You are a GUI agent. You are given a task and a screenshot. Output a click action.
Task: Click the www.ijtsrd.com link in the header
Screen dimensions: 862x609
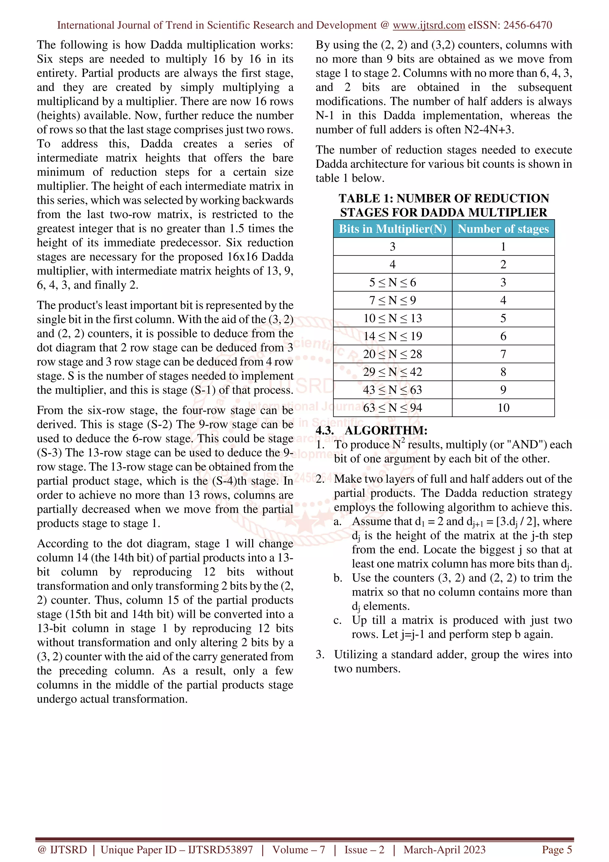click(429, 25)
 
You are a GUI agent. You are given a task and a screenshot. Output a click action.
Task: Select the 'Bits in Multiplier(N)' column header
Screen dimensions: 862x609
click(393, 229)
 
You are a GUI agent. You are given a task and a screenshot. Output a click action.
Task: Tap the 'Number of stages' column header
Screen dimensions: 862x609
click(503, 229)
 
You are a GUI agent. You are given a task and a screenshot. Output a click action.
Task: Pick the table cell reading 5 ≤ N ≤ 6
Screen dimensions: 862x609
click(393, 282)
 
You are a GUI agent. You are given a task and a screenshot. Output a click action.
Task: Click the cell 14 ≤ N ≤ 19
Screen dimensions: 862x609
click(393, 336)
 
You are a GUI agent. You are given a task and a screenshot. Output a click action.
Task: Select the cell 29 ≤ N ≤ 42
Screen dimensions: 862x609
click(393, 372)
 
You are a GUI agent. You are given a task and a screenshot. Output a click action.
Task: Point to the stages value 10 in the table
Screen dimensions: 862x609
click(503, 408)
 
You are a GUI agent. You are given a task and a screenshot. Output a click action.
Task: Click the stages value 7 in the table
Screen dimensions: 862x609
click(503, 354)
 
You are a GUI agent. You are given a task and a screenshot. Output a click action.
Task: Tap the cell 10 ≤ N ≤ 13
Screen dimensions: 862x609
click(393, 318)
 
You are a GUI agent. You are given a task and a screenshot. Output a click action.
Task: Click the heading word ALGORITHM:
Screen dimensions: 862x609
click(386, 430)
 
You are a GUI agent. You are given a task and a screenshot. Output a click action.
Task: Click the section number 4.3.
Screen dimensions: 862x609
click(325, 430)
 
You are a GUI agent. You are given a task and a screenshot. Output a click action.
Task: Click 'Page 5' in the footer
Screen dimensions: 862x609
click(556, 850)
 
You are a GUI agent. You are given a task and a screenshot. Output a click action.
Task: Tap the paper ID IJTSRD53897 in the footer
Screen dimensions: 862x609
click(220, 850)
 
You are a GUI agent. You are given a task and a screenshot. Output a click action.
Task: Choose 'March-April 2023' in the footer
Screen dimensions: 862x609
click(444, 850)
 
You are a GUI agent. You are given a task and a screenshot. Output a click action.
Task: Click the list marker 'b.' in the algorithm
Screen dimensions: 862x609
click(338, 578)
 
